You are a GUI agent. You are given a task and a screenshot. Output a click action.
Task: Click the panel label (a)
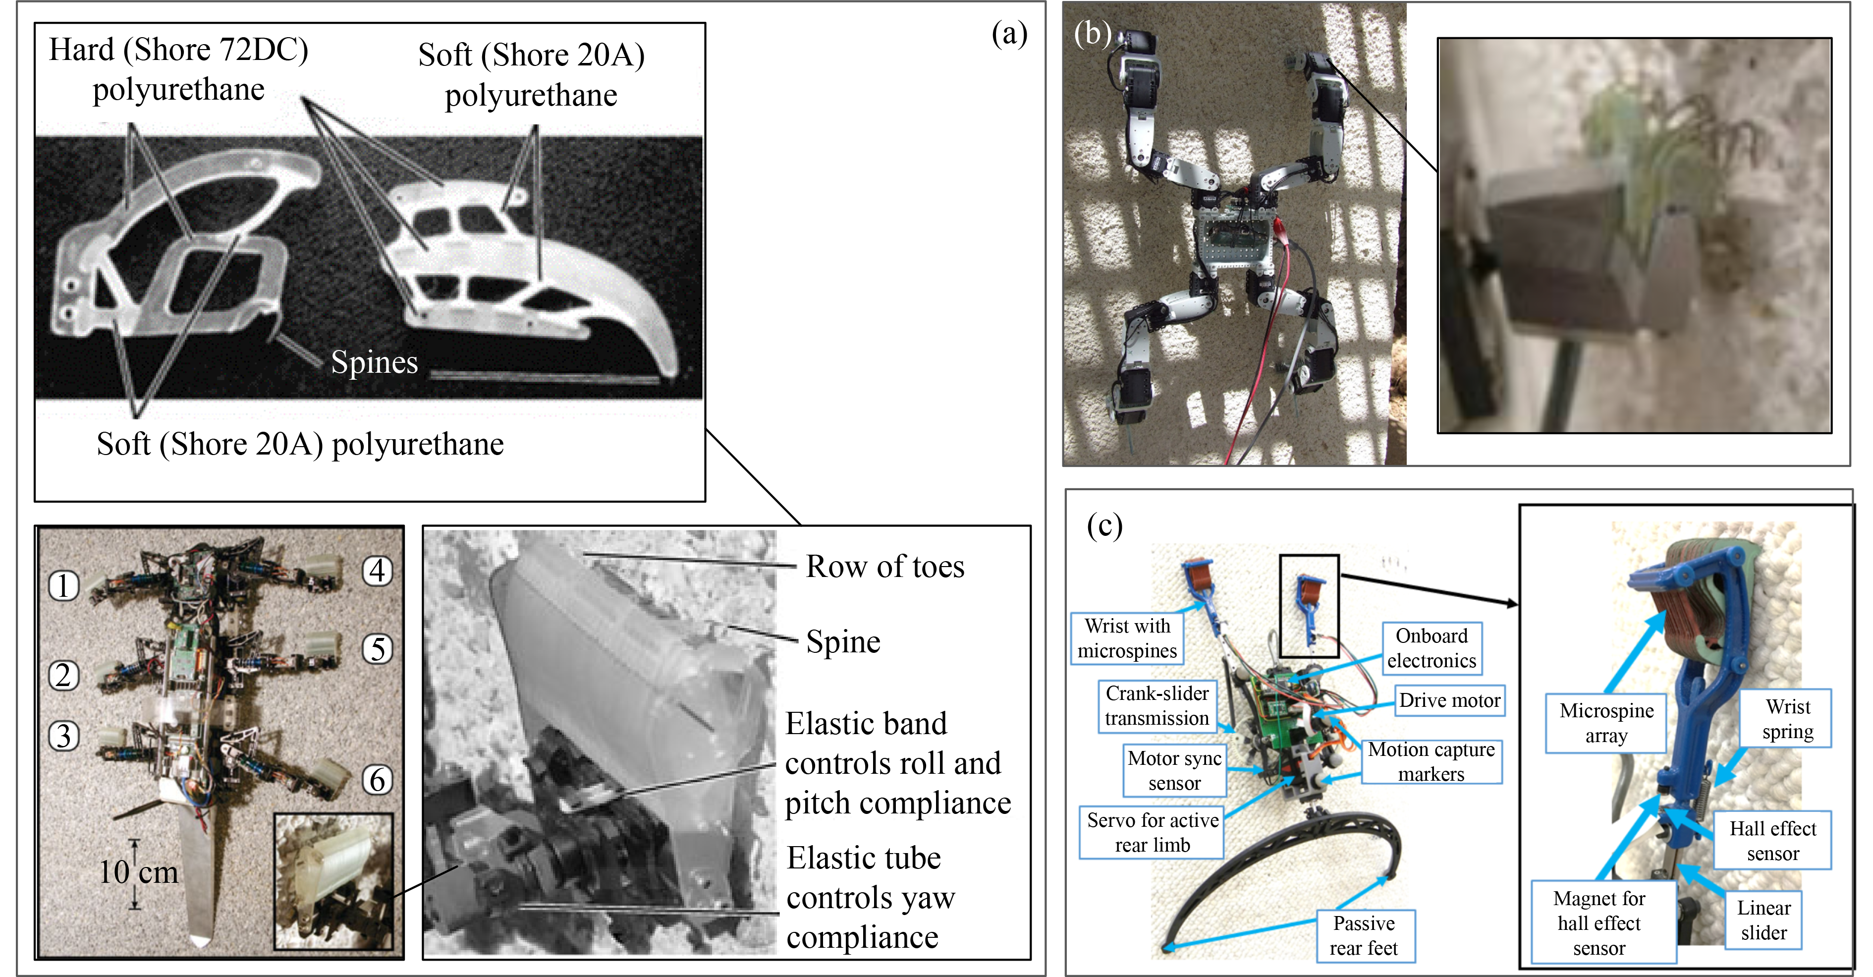1009,34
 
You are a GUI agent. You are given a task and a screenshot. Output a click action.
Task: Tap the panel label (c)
1104,524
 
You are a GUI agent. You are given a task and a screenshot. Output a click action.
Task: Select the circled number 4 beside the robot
378,571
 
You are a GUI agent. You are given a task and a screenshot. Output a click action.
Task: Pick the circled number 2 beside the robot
63,675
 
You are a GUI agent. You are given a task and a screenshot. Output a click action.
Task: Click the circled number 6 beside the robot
378,780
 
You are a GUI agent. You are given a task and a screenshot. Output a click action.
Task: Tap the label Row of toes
885,567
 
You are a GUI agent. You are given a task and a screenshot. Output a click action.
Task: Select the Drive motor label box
1449,700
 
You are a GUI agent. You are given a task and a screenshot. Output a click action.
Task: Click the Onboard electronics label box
1431,648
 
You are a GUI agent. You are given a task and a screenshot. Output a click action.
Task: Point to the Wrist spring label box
1787,719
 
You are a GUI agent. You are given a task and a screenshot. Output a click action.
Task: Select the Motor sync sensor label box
1174,770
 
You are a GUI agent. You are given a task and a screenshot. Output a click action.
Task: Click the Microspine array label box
1606,723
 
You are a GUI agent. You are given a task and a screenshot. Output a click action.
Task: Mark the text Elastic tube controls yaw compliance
870,898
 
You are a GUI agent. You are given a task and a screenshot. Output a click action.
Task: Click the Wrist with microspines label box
1127,638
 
